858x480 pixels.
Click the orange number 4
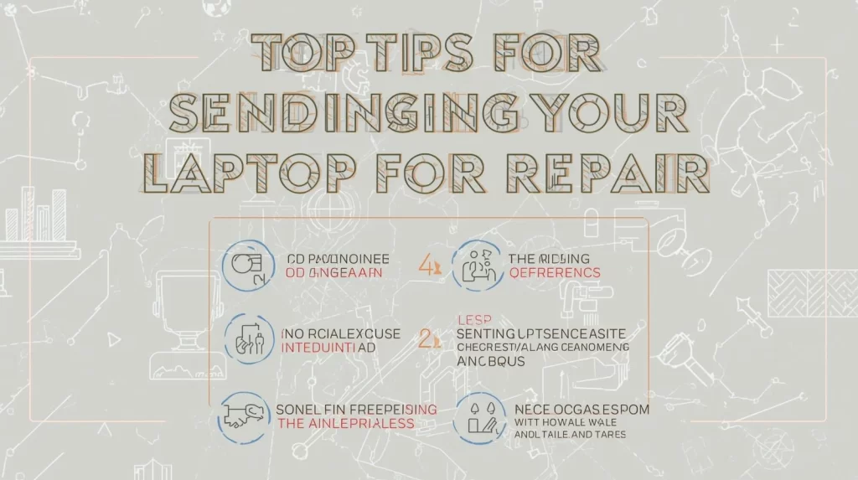pos(425,266)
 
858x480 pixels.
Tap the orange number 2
pos(425,338)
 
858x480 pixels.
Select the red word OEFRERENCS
pos(555,273)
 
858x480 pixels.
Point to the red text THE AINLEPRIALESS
pos(345,423)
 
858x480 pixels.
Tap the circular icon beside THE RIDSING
pos(477,266)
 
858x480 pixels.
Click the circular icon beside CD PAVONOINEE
pos(249,266)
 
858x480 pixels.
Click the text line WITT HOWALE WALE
pos(560,423)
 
